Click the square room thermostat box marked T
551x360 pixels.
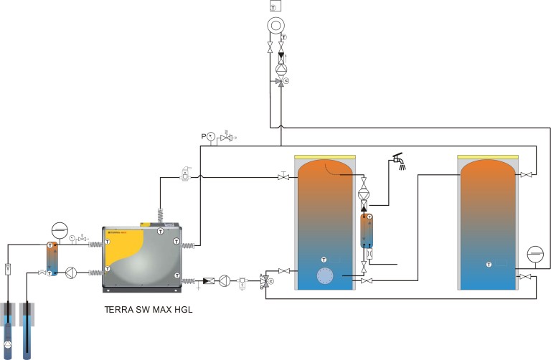[275, 6]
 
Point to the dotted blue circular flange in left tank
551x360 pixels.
[325, 276]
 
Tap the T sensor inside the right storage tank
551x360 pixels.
[489, 265]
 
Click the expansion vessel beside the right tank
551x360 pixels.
[534, 255]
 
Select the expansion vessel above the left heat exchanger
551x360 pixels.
[58, 232]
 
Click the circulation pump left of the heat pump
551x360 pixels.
[70, 273]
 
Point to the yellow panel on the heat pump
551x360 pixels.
[134, 244]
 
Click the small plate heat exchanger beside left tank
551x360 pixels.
[367, 230]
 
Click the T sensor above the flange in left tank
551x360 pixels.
[324, 258]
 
